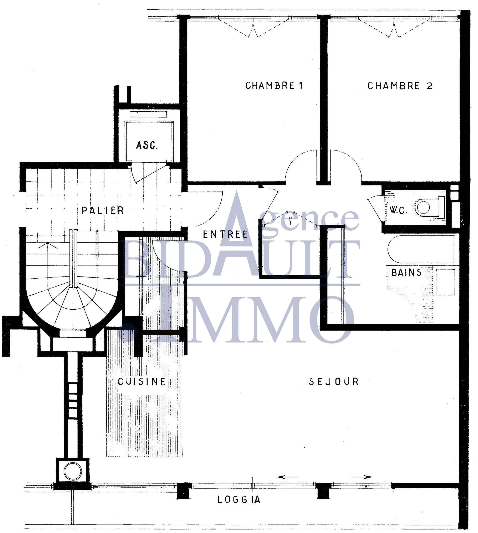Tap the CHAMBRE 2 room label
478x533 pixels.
pos(400,86)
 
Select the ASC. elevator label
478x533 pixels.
pos(147,145)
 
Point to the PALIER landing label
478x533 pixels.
pos(103,210)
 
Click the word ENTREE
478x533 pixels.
pos(225,234)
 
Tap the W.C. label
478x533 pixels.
pos(399,210)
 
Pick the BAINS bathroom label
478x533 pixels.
pos(406,273)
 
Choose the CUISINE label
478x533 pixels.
pos(142,382)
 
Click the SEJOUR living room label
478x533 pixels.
pos(334,382)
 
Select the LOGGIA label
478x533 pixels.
pos(239,500)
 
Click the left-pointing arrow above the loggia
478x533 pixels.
pos(287,477)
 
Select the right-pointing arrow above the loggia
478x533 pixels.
pos(362,477)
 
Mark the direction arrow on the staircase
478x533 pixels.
pos(47,245)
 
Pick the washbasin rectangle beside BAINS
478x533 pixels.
pos(446,282)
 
